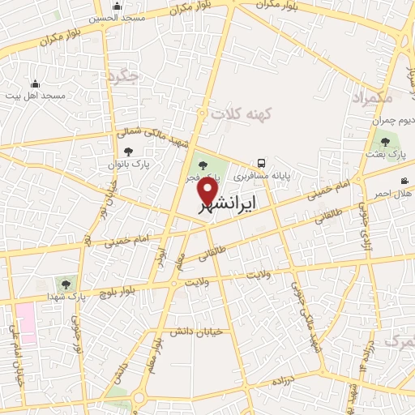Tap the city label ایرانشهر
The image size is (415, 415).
click(x=227, y=205)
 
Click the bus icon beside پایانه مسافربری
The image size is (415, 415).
click(x=261, y=162)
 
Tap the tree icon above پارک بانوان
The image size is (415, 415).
click(x=127, y=151)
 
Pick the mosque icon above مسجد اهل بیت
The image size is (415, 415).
click(x=35, y=83)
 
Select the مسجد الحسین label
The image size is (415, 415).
click(x=117, y=17)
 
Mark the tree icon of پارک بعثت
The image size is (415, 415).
click(x=384, y=141)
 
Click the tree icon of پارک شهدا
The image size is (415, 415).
click(x=66, y=284)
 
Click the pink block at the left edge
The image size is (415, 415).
click(x=25, y=323)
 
